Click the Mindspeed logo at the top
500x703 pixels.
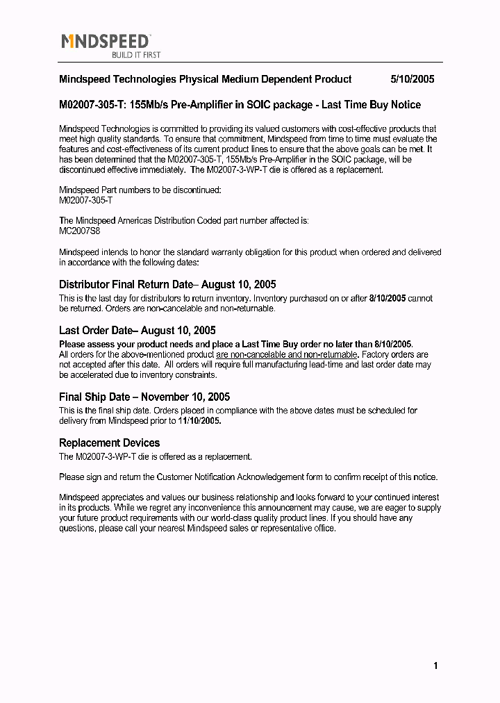(106, 42)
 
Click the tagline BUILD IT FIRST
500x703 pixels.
(136, 55)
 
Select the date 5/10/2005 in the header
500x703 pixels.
(412, 79)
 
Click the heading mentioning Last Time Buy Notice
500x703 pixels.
(240, 105)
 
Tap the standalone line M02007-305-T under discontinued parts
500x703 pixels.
(86, 200)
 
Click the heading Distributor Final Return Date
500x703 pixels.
(167, 284)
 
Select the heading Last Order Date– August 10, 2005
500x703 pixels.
(137, 331)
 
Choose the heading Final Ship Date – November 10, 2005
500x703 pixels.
(144, 397)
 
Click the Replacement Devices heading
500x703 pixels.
(110, 443)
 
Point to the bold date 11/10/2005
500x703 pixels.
(199, 421)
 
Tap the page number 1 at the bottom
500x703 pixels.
(435, 666)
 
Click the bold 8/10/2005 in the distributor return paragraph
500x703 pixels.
(387, 298)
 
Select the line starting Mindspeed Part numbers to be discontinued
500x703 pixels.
(140, 190)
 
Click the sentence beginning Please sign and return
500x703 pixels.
(249, 477)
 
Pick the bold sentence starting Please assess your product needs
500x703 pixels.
(236, 344)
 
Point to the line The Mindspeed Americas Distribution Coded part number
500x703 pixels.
(184, 221)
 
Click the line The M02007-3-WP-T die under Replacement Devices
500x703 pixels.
(156, 457)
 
